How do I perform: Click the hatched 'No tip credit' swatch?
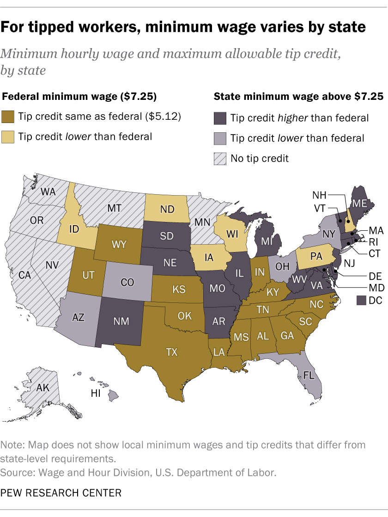[219, 158]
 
